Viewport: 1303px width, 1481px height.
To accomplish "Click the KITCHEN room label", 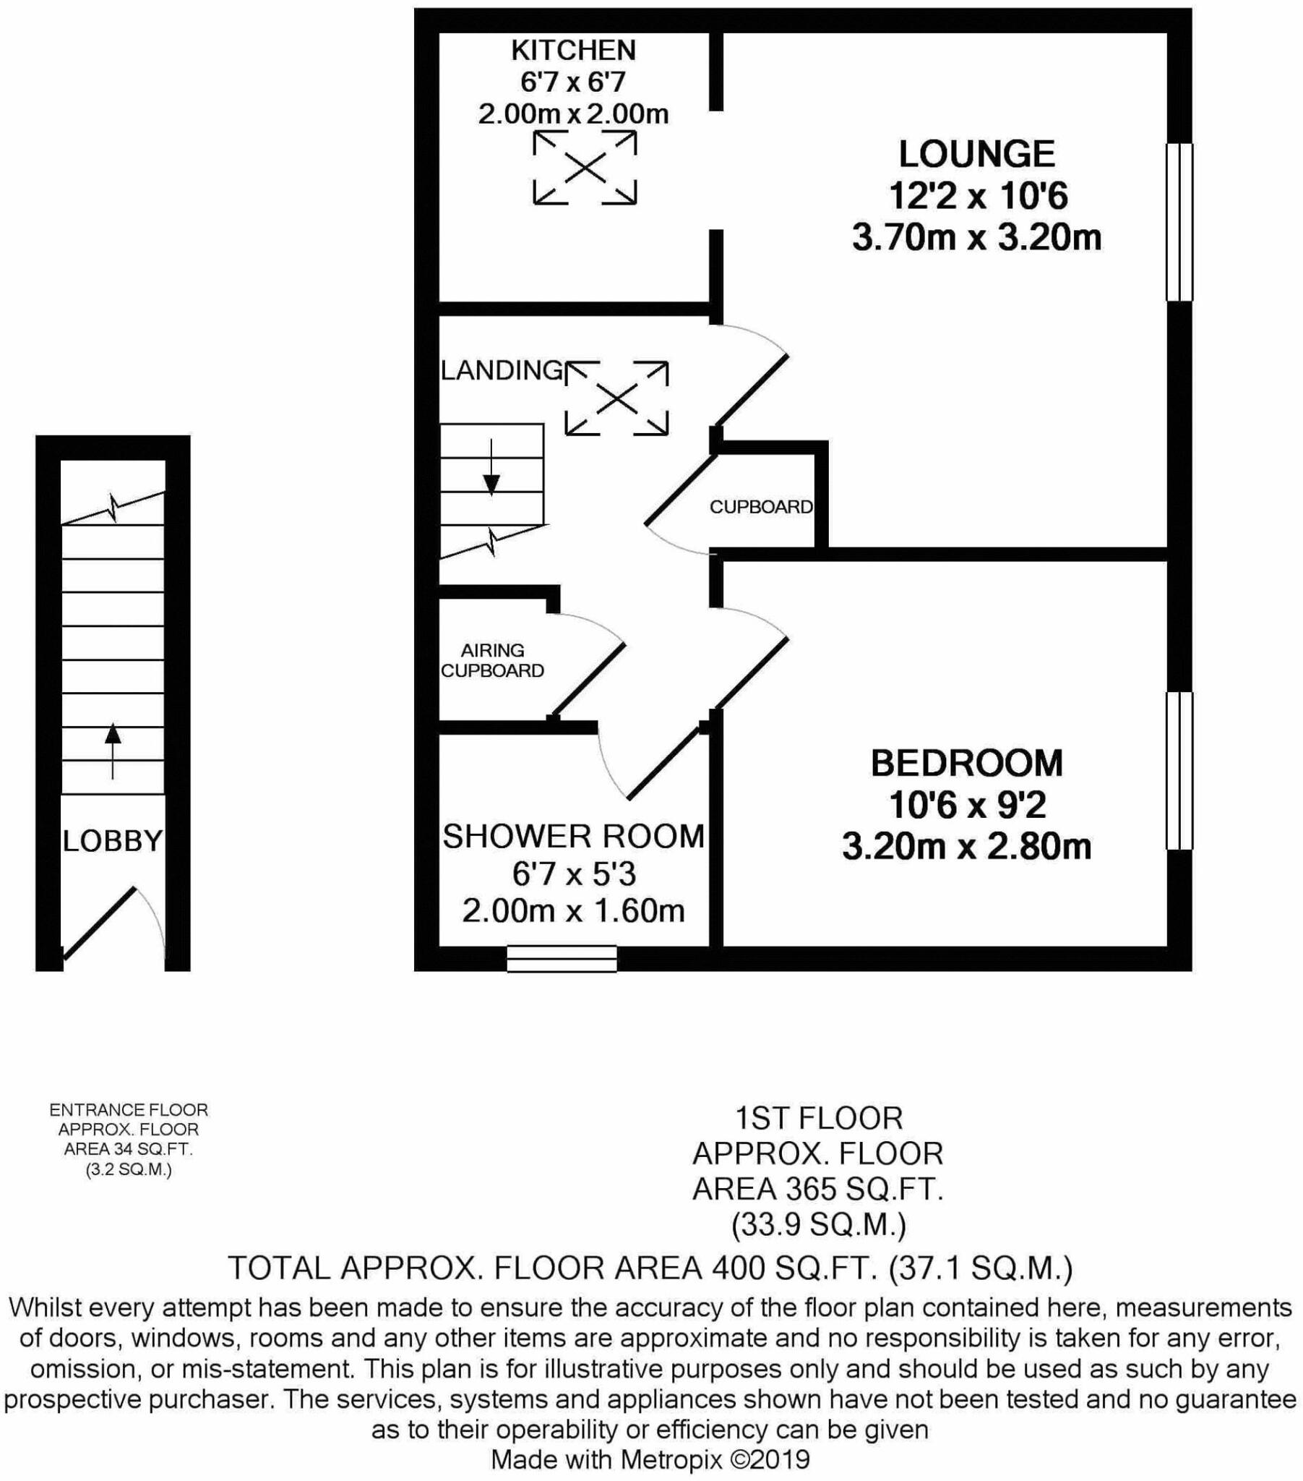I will point(573,50).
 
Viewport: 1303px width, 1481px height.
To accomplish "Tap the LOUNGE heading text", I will point(976,154).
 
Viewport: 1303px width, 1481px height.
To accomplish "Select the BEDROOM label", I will point(966,763).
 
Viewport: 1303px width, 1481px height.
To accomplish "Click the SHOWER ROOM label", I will point(573,837).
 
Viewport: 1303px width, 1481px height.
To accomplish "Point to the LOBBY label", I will point(112,841).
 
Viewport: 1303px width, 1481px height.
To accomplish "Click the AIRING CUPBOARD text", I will point(492,661).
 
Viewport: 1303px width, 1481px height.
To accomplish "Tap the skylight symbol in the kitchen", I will point(585,168).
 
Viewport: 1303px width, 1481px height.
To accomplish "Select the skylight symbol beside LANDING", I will point(616,398).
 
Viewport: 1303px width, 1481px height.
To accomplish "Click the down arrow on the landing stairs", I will point(491,468).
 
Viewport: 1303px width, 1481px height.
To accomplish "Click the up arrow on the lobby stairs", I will point(112,750).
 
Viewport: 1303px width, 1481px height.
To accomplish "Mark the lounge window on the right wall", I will point(1179,222).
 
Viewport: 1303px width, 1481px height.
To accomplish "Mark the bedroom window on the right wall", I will point(1179,770).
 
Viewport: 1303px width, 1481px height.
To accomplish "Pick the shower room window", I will point(562,958).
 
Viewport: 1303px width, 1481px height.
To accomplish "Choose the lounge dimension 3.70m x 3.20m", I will point(976,238).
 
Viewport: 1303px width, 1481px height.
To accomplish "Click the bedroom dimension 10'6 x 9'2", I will point(966,804).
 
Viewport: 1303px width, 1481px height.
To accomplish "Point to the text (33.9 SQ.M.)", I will point(818,1224).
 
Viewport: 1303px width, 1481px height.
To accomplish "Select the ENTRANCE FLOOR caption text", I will point(128,1110).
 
